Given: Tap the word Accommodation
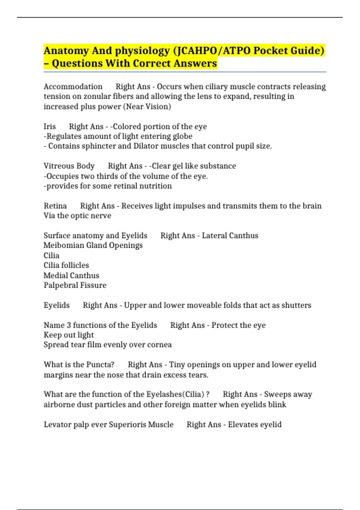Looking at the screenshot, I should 73,87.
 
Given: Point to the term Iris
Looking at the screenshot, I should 49,127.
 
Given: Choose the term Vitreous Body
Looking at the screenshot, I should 69,166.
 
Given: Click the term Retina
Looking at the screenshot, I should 55,206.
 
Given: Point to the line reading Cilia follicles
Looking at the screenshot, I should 66,265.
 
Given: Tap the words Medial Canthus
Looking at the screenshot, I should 71,275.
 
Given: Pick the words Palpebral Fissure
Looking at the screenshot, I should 75,285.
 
